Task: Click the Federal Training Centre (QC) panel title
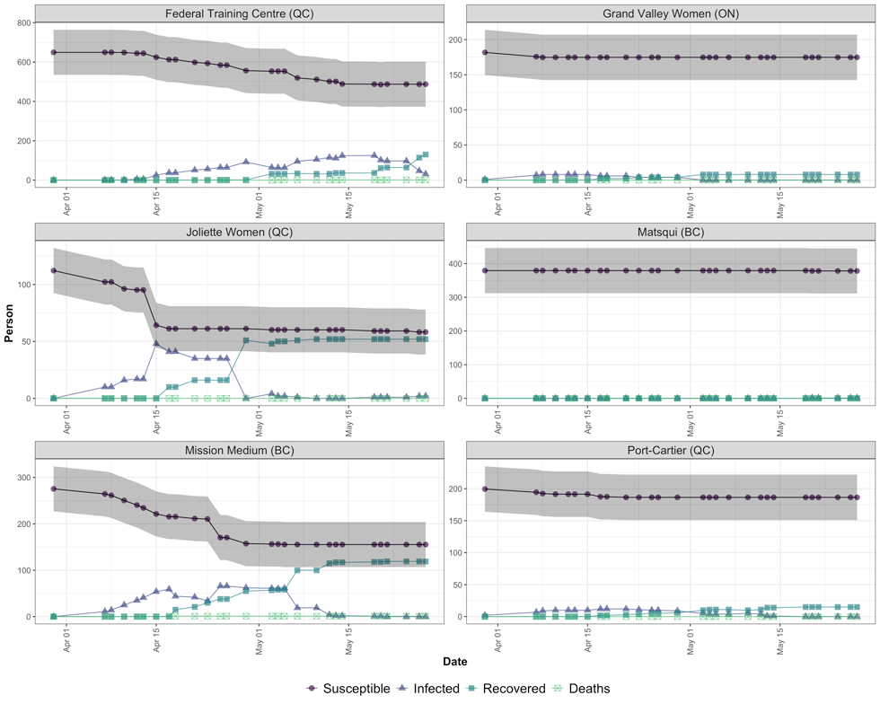tap(239, 13)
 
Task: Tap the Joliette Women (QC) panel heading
tap(239, 232)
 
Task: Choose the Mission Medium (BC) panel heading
tap(239, 450)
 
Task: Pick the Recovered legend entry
tap(507, 689)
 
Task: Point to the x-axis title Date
tap(454, 662)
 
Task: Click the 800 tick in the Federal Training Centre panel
tap(20, 22)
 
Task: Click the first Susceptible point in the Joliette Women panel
tap(54, 270)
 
